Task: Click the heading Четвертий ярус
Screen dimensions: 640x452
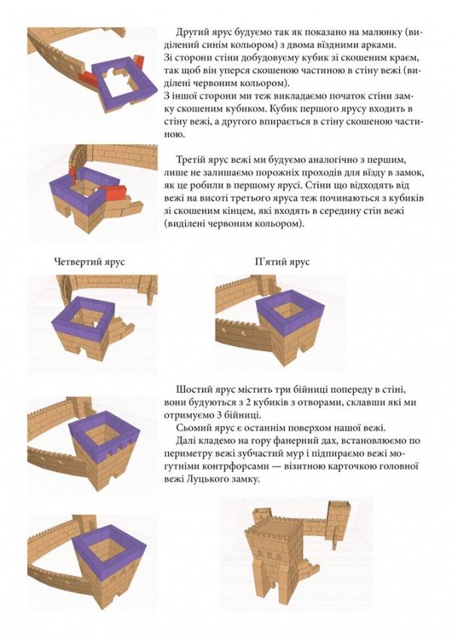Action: click(x=89, y=262)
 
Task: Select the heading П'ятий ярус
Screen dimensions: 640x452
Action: click(x=282, y=262)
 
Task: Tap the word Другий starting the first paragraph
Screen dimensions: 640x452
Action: click(x=194, y=34)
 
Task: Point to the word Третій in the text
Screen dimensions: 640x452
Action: click(x=194, y=161)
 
